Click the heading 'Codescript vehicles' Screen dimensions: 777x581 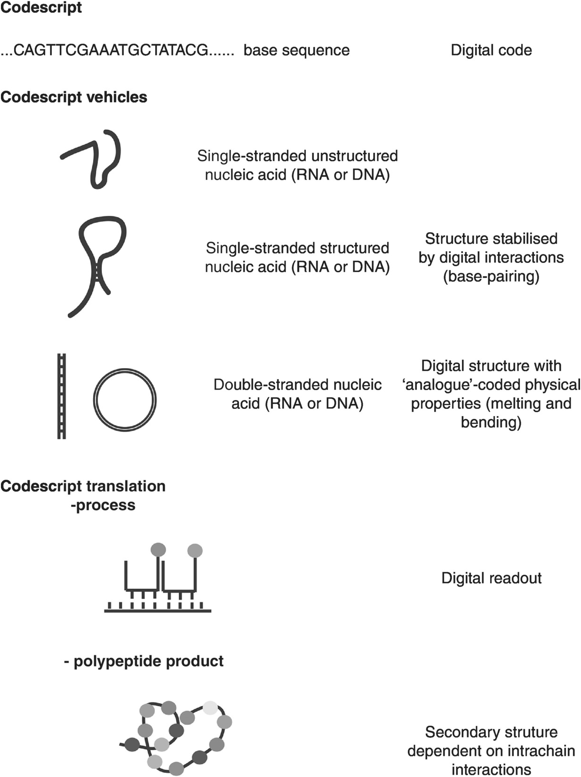pyautogui.click(x=74, y=97)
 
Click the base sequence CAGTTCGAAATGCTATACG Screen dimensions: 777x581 pyautogui.click(x=111, y=50)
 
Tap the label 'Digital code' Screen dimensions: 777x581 pyautogui.click(x=491, y=50)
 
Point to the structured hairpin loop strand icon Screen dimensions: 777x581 pyautogui.click(x=98, y=263)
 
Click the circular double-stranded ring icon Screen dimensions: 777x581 pyautogui.click(x=124, y=400)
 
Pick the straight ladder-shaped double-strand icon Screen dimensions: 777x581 pyautogui.click(x=62, y=396)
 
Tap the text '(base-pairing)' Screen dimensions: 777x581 pyautogui.click(x=491, y=276)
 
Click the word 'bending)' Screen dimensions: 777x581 pyautogui.click(x=491, y=422)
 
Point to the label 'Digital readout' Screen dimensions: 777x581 pyautogui.click(x=491, y=578)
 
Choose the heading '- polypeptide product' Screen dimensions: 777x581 pyautogui.click(x=143, y=661)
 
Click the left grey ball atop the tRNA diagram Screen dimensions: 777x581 pyautogui.click(x=158, y=549)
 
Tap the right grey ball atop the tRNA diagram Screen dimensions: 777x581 pyautogui.click(x=195, y=550)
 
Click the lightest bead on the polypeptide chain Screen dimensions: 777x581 pyautogui.click(x=210, y=708)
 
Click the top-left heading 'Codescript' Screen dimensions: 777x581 pyautogui.click(x=41, y=8)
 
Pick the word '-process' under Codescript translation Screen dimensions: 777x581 pyautogui.click(x=103, y=505)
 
